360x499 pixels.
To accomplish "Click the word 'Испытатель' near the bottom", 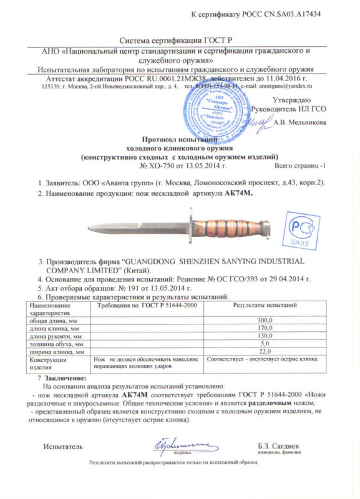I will [62, 447].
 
